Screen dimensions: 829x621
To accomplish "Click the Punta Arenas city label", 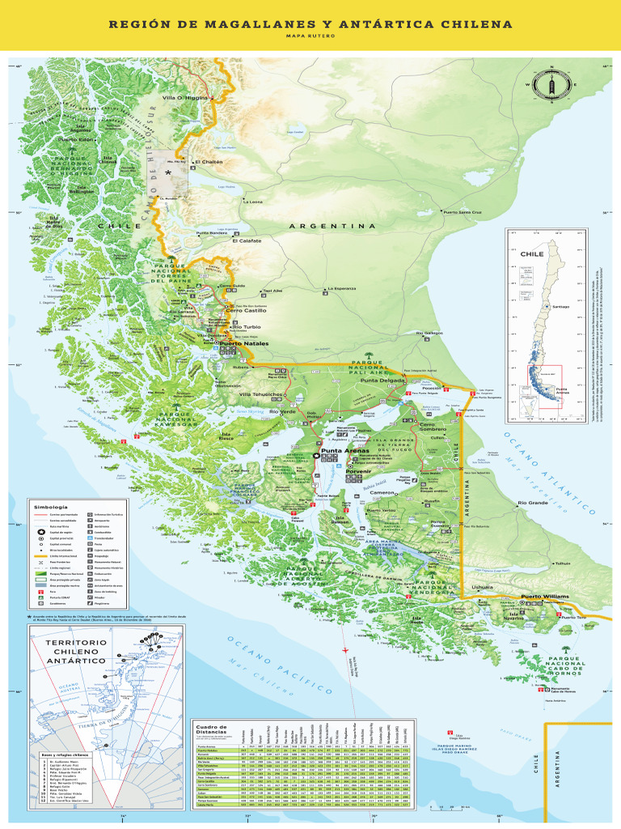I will pos(345,450).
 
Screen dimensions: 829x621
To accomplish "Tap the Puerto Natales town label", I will pos(244,344).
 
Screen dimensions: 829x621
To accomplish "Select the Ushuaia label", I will pos(482,587).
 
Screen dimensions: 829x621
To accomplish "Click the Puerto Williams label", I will pos(522,597).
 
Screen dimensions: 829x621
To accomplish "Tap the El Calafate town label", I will pos(247,240).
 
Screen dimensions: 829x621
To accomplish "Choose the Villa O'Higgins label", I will pos(185,98).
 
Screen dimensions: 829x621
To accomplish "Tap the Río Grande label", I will pos(533,503).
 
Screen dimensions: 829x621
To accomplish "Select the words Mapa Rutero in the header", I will pos(310,36).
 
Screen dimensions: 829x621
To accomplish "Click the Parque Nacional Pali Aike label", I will pos(371,368).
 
